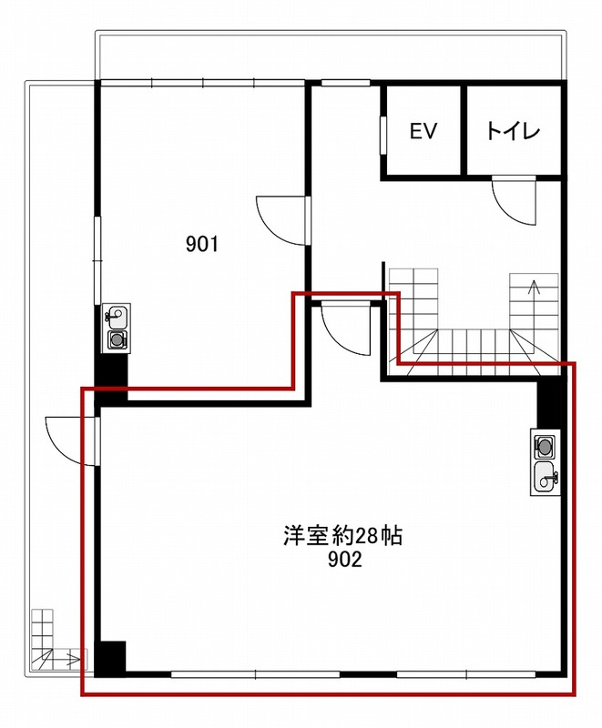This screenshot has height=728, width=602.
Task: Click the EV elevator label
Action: [423, 131]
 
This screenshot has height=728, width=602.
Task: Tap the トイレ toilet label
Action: [513, 131]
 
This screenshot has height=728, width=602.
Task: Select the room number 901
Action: [202, 244]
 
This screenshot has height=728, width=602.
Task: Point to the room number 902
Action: [344, 561]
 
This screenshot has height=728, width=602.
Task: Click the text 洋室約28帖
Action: [342, 537]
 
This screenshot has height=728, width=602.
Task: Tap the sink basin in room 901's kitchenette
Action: [117, 316]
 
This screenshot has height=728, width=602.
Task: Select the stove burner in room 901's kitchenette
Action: [117, 339]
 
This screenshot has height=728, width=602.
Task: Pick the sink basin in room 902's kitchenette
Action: [546, 479]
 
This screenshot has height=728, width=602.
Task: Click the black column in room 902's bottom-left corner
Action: [110, 658]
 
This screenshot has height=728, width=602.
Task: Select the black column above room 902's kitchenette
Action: [550, 402]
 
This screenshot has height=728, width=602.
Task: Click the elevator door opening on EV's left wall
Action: [383, 135]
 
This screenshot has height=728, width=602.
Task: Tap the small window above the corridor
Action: [345, 84]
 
